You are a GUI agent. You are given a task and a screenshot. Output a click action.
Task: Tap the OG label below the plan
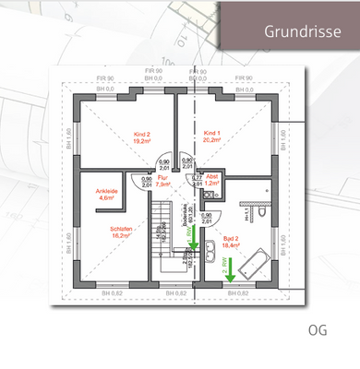[318, 328]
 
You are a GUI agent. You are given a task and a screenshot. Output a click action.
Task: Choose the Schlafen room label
[122, 232]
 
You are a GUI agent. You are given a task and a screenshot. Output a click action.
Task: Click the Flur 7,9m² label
[163, 182]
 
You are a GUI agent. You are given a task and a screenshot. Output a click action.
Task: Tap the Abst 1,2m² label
[212, 181]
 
